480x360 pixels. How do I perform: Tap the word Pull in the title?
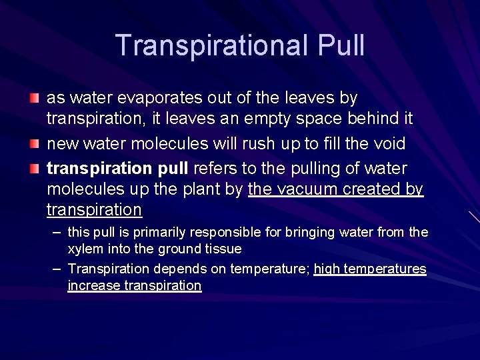coord(341,45)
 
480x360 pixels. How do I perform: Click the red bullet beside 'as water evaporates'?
coord(34,98)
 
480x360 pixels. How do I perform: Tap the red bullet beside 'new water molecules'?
coord(34,143)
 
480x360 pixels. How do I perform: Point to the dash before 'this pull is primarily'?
coord(57,232)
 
